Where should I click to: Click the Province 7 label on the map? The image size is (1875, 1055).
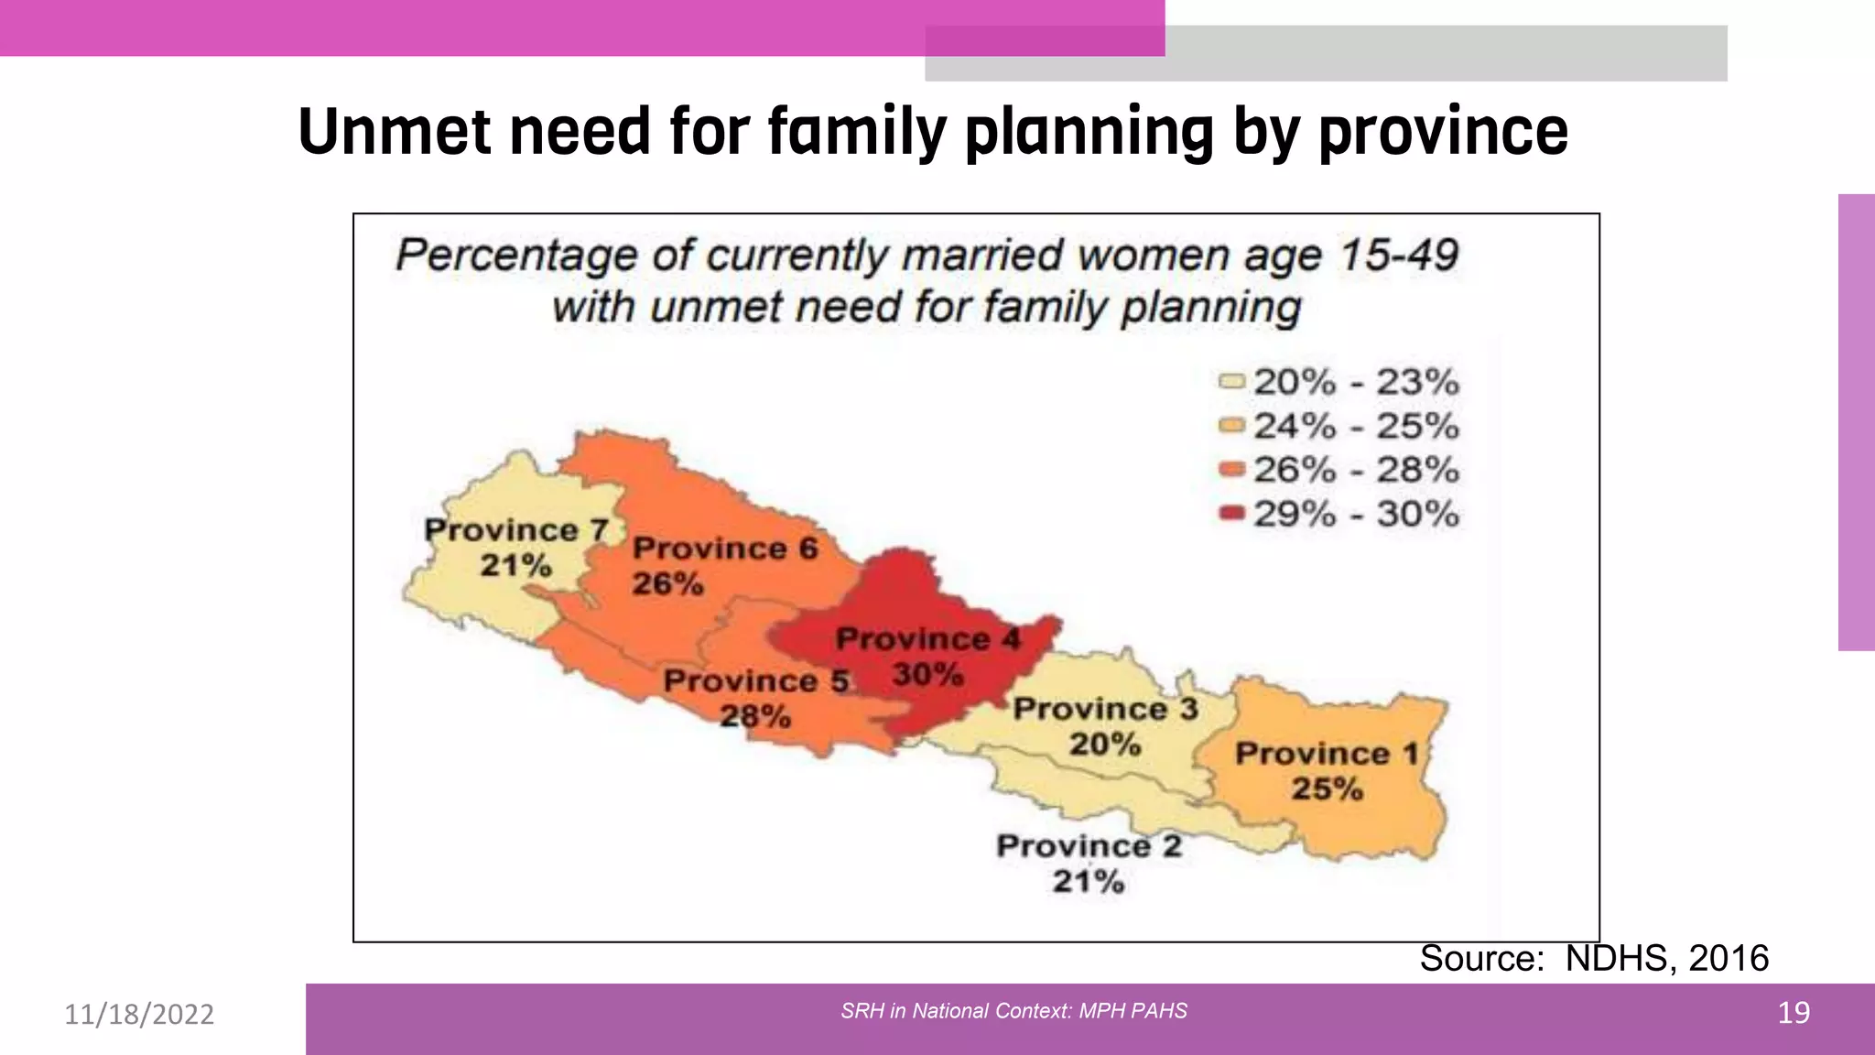point(516,530)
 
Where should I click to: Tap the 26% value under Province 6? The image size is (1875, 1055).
point(667,583)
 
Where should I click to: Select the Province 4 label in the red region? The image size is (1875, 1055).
point(927,638)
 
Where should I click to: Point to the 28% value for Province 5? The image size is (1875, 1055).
point(755,716)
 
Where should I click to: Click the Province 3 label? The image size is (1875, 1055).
point(1105,708)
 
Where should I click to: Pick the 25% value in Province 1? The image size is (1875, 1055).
point(1327,789)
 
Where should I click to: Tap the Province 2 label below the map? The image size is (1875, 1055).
point(1089,845)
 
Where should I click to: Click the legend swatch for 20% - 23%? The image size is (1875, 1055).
point(1232,381)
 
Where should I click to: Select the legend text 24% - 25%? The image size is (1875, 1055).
point(1356,426)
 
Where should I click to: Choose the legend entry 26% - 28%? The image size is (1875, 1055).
point(1356,470)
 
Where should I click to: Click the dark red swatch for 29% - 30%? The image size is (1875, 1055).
point(1232,513)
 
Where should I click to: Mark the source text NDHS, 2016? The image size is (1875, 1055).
point(1666,958)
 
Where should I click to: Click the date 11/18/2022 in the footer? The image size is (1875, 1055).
point(139,1014)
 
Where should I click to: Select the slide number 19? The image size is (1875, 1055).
point(1793,1013)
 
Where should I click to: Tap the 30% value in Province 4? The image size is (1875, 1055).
point(927,675)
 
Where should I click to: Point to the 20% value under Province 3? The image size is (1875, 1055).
point(1105,744)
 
